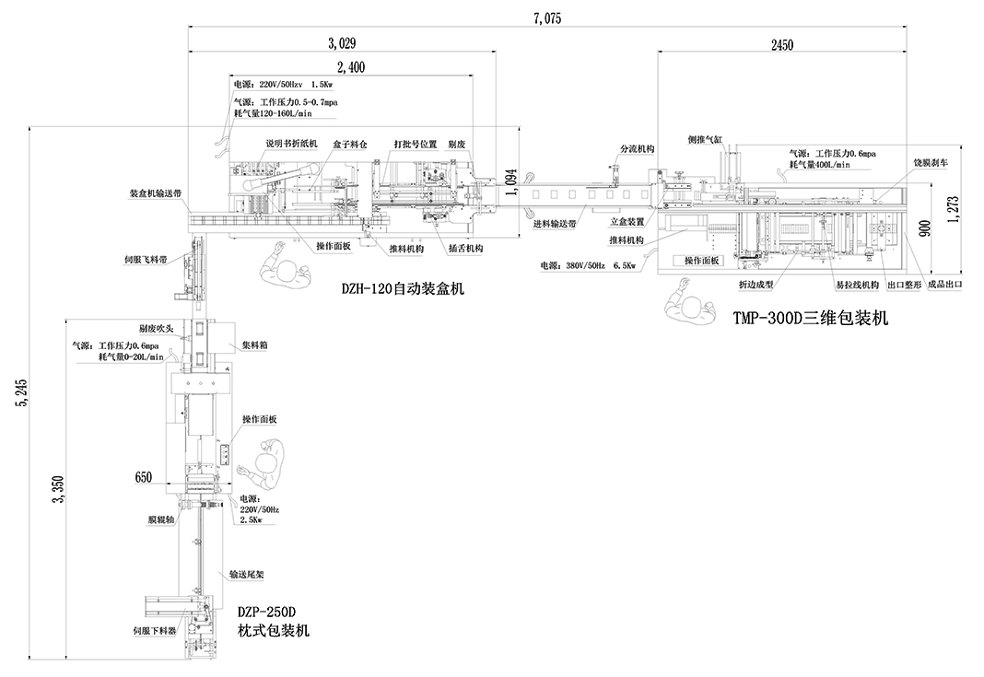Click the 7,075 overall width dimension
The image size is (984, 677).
546,18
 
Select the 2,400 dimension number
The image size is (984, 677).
351,65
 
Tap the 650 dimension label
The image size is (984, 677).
143,477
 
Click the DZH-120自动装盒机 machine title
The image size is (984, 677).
403,288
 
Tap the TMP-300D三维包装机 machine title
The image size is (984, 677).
810,319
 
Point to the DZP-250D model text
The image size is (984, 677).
266,612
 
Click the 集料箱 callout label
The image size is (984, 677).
256,345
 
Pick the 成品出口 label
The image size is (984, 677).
945,285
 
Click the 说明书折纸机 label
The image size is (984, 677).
291,144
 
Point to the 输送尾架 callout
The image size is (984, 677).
247,575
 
